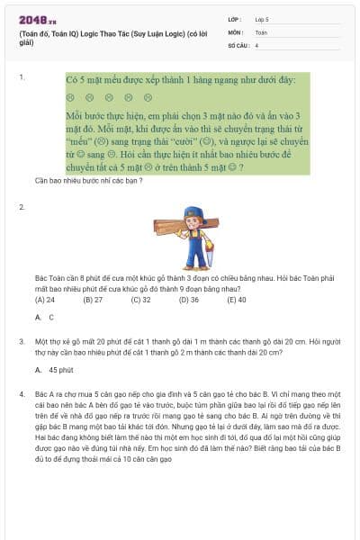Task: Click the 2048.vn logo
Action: [x=35, y=20]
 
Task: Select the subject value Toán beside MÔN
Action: [x=261, y=31]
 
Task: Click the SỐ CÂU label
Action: [x=238, y=44]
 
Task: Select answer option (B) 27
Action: [x=93, y=300]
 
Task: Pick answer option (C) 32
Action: [x=140, y=300]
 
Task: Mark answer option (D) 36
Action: [x=189, y=300]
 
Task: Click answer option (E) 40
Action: [x=237, y=300]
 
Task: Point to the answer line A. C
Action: [x=45, y=318]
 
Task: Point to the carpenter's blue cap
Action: [x=192, y=212]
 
